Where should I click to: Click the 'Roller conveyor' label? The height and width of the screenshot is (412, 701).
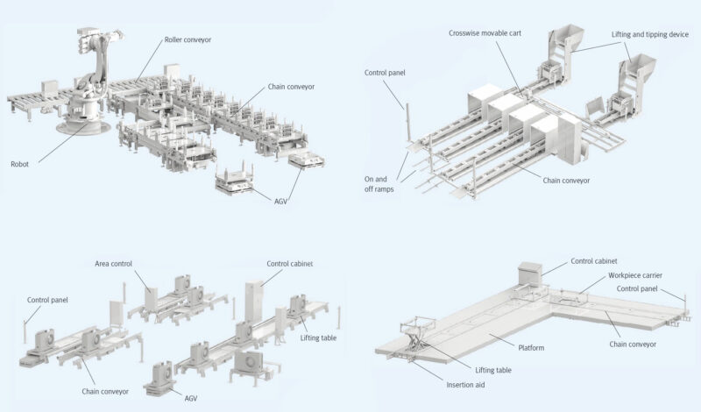pos(188,39)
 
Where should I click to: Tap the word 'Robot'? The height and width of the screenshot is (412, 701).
pos(19,164)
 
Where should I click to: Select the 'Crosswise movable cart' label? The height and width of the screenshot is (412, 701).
pos(485,33)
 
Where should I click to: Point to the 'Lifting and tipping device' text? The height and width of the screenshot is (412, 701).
pos(650,34)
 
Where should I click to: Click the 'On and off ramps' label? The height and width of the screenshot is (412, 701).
pos(379,184)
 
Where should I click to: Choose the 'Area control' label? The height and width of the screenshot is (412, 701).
pos(114,264)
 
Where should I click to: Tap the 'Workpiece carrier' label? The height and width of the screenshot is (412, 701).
pos(635,275)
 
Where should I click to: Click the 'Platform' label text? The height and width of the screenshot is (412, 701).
pos(531,348)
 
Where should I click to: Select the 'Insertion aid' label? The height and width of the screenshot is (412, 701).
pos(465,385)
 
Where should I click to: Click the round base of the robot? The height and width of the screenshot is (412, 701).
pos(83,126)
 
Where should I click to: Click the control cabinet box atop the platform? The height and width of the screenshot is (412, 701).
pos(530,273)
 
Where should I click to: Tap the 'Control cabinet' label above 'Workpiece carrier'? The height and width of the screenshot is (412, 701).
pos(594,261)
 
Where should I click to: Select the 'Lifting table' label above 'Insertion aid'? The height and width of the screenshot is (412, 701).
pos(493,370)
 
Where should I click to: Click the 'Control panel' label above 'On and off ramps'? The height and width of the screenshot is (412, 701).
pos(385,73)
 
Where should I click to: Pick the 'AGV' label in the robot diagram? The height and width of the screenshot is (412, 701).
pos(280,202)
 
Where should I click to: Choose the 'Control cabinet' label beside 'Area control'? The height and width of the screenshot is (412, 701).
pos(290,264)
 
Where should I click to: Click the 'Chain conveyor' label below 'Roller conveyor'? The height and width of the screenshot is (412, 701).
pos(291,87)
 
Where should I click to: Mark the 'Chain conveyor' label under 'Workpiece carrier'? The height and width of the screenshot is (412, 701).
pos(633,345)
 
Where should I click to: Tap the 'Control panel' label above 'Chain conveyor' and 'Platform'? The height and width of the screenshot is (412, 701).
pos(637,288)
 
